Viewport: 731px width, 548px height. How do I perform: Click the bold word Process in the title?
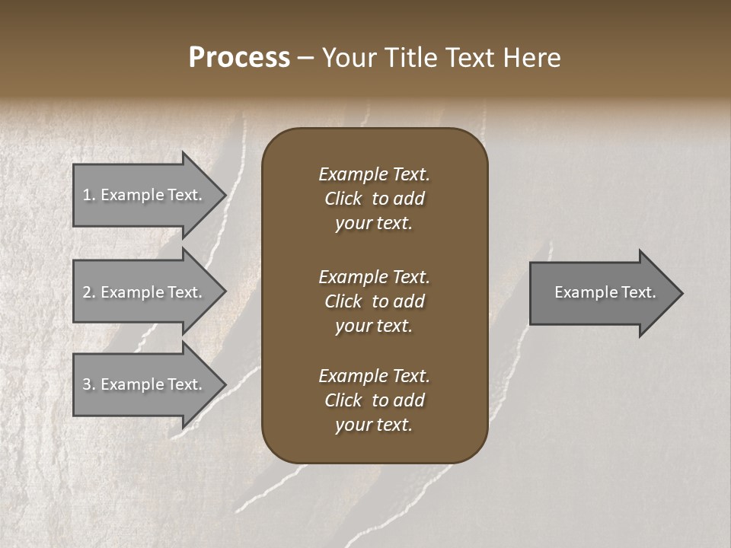pos(239,58)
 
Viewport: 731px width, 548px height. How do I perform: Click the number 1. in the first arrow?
pos(89,195)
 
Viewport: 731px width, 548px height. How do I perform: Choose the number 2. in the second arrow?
pos(89,292)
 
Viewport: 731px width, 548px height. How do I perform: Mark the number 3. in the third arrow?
pos(89,384)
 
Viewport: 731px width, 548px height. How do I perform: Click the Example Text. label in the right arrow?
pos(605,292)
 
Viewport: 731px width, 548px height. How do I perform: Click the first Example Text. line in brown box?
pos(374,174)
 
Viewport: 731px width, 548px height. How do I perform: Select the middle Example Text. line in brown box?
pos(374,276)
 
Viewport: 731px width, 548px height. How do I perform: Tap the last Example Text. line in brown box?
pos(374,376)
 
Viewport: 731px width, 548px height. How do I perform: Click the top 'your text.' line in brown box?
pos(374,224)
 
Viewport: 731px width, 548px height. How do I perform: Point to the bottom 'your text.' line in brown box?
pos(374,425)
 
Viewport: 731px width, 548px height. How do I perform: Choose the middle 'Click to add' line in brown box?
pos(374,301)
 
